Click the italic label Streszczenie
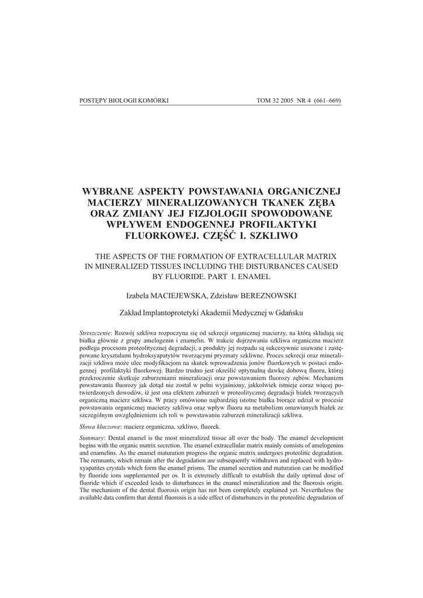95,332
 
